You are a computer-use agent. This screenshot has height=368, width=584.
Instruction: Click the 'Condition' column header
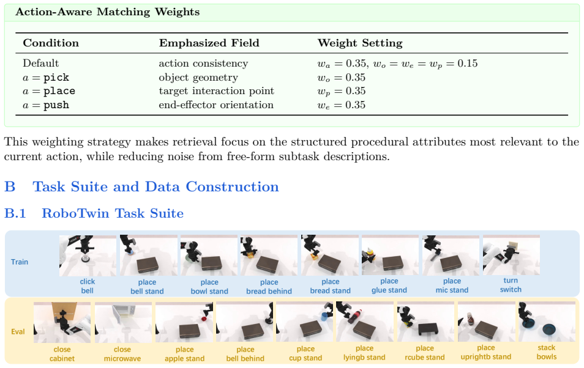click(51, 43)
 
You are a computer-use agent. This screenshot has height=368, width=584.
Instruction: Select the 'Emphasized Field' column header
click(209, 43)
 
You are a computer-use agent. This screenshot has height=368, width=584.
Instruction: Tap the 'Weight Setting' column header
click(360, 43)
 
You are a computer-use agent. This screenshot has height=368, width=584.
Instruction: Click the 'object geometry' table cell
click(198, 78)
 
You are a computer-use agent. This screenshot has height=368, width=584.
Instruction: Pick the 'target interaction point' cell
click(216, 91)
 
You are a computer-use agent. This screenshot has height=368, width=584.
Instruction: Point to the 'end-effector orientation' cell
click(216, 105)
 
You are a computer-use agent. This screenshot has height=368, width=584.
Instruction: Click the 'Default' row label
click(40, 63)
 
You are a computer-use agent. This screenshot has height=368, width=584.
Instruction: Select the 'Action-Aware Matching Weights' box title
click(107, 12)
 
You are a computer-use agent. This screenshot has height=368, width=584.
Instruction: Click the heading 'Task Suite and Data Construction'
click(155, 186)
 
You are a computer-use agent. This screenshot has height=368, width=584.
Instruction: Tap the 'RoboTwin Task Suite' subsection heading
click(113, 213)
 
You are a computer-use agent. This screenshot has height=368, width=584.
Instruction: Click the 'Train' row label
click(20, 262)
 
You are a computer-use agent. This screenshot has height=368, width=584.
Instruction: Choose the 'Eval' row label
click(18, 331)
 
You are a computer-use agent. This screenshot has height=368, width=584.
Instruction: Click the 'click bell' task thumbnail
click(88, 256)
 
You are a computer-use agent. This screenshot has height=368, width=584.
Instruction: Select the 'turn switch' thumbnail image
click(511, 255)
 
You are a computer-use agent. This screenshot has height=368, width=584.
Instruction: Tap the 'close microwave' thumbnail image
click(123, 323)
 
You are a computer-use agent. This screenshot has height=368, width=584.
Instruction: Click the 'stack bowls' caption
click(547, 352)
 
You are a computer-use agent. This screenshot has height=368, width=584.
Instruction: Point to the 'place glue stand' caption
click(389, 285)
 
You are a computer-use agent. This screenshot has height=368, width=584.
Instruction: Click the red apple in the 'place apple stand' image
click(204, 318)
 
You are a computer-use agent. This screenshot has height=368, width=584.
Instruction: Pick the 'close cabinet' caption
click(62, 354)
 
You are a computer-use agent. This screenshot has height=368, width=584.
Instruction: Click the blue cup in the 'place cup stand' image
click(324, 316)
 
